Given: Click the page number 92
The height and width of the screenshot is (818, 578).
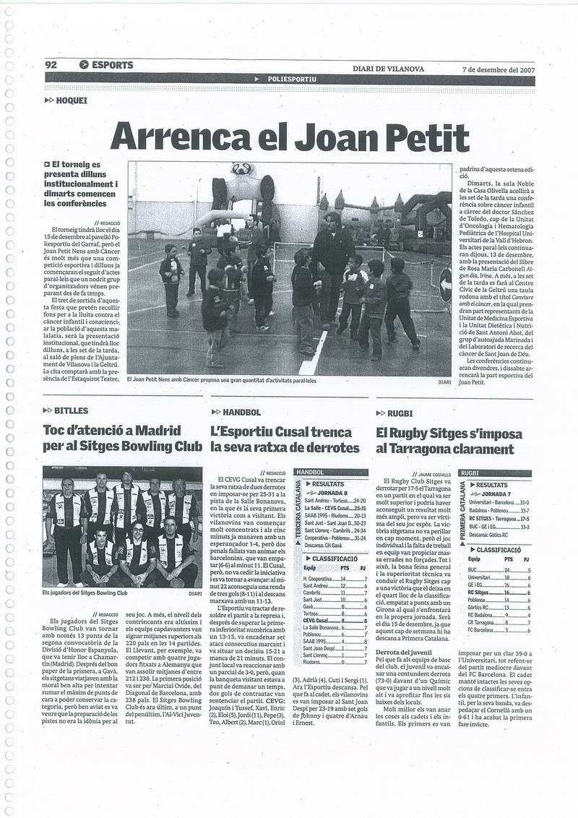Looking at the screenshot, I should coord(51,65).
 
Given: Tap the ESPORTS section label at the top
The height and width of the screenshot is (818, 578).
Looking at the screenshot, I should coord(112,65).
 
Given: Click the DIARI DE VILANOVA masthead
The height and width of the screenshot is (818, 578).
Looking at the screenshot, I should coord(389,69).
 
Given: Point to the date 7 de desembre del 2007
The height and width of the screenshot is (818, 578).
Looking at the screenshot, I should coord(498,69).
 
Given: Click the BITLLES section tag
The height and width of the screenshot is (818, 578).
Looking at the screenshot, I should coord(69,411).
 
